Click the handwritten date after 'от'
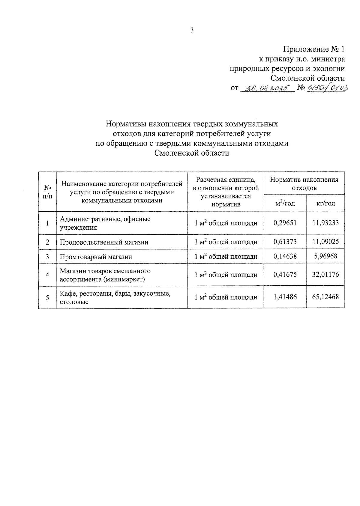[267, 88]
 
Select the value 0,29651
[285, 223]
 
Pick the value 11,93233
[325, 223]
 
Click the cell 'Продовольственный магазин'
[104, 242]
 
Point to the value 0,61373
[285, 242]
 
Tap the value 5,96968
[325, 256]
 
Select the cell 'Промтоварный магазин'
[96, 257]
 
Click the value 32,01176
[325, 275]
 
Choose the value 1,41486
[285, 297]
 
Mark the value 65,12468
[325, 297]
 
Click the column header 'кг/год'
[325, 204]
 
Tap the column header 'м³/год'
[285, 204]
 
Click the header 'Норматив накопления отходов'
[304, 183]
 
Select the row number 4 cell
[47, 275]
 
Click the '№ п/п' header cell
[47, 192]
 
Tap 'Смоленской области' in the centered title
[192, 153]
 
